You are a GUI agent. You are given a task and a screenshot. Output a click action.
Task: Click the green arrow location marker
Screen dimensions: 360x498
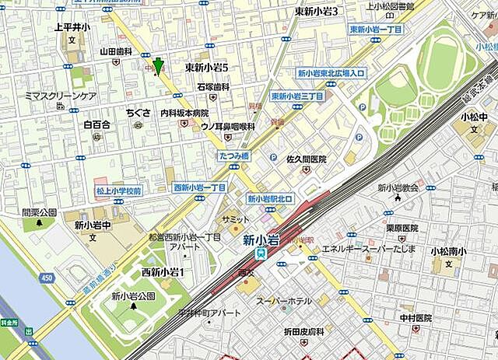click(158, 67)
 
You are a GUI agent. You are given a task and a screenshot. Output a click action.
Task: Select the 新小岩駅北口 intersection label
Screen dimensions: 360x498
click(271, 199)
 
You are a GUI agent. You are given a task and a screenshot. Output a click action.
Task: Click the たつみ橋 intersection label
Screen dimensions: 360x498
click(232, 156)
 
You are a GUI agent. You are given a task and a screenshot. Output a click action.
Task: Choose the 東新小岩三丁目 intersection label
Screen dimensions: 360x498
click(297, 96)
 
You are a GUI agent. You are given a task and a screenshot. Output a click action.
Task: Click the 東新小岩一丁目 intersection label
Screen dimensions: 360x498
click(376, 30)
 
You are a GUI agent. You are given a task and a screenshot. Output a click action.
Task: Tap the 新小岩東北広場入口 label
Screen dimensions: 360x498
click(331, 73)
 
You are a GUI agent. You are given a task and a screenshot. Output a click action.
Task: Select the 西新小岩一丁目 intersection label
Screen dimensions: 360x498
click(199, 187)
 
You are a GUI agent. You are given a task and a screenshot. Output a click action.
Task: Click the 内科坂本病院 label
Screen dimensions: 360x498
click(184, 113)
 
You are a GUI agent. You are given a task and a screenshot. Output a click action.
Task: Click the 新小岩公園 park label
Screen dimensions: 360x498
click(133, 295)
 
